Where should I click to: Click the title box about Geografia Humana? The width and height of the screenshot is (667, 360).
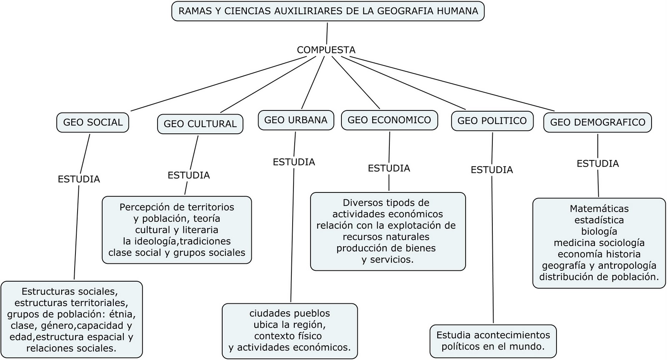(328, 11)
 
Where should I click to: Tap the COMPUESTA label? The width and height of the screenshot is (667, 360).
(326, 50)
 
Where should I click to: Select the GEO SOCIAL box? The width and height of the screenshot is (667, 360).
(93, 122)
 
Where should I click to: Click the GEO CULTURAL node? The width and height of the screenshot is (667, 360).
(200, 124)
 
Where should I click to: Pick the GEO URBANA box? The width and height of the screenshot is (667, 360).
(296, 120)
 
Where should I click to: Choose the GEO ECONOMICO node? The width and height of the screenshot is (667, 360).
(389, 120)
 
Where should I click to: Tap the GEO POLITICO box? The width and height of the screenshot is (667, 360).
(492, 121)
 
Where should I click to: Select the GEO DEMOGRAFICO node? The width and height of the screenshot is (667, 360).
(597, 122)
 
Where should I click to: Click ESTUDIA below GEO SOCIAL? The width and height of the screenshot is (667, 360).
(79, 179)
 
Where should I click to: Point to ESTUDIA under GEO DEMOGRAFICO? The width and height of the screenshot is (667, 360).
(598, 164)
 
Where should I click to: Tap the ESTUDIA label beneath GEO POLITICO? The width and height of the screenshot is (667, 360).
(492, 170)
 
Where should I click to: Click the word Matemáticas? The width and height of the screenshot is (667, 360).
(599, 209)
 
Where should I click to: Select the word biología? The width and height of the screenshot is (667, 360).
(599, 231)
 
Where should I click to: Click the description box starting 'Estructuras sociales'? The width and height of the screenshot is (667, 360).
(72, 319)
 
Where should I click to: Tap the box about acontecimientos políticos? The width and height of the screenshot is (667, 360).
(493, 341)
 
